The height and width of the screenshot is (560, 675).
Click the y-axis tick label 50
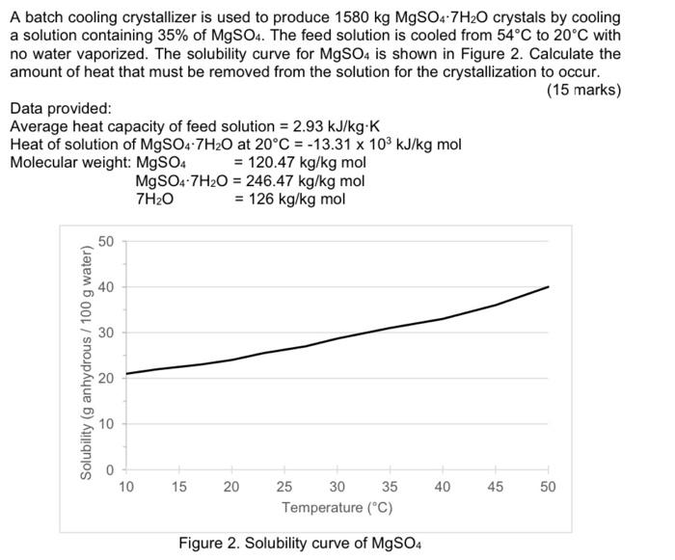click(x=107, y=241)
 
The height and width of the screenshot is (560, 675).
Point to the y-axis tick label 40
click(x=107, y=286)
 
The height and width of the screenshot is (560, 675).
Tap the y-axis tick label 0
click(x=110, y=469)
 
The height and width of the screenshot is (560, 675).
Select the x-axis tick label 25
click(x=285, y=487)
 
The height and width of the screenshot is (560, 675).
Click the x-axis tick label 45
click(x=496, y=487)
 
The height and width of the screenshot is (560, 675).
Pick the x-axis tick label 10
click(x=126, y=487)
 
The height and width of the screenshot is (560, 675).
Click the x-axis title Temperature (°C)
click(x=337, y=508)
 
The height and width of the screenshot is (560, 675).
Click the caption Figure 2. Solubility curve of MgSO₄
click(x=300, y=543)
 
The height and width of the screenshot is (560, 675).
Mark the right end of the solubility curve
click(x=549, y=286)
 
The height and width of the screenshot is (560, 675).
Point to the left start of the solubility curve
click(x=126, y=373)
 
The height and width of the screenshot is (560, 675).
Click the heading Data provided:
click(x=61, y=109)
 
